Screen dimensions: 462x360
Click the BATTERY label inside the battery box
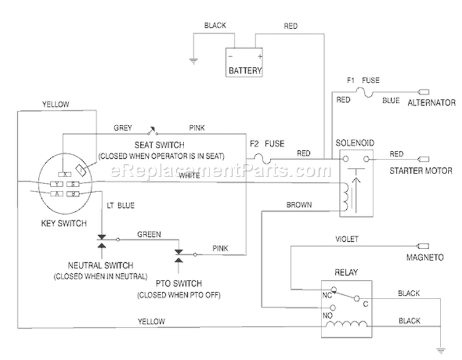point(245,71)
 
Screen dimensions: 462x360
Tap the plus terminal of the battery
point(259,56)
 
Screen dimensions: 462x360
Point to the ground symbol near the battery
point(193,61)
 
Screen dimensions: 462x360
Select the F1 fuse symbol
point(365,92)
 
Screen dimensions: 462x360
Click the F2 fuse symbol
point(262,159)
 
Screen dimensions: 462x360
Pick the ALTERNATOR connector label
point(431,103)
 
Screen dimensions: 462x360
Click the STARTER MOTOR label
point(421,170)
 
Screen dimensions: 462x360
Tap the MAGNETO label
point(425,258)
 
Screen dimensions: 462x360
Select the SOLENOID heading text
point(355,143)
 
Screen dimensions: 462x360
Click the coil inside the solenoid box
point(345,197)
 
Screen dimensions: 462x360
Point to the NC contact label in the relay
point(327,295)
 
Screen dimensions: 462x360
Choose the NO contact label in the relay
point(327,316)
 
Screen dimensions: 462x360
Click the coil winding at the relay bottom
point(346,324)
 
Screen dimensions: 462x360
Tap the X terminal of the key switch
point(65,174)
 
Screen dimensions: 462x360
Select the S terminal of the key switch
point(73,184)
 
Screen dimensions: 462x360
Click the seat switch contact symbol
point(152,131)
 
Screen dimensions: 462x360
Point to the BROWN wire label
point(299,205)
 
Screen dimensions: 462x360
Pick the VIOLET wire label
point(347,239)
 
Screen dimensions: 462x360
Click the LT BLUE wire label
point(121,206)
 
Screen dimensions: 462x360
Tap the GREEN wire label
point(149,234)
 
